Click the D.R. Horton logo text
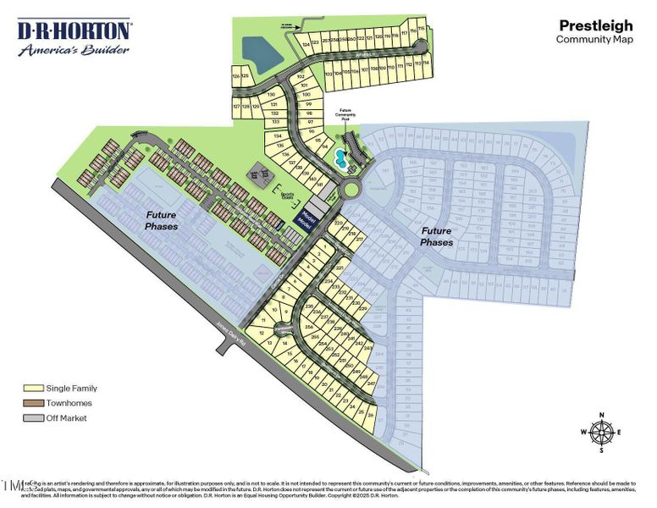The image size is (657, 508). point(75,31)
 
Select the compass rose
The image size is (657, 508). point(602,432)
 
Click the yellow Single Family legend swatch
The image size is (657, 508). point(34,388)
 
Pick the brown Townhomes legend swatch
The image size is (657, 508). point(34,403)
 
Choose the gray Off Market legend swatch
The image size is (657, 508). point(34,418)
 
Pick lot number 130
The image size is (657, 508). point(272,95)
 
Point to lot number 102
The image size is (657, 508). point(300,76)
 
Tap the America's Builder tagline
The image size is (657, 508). point(74,49)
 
